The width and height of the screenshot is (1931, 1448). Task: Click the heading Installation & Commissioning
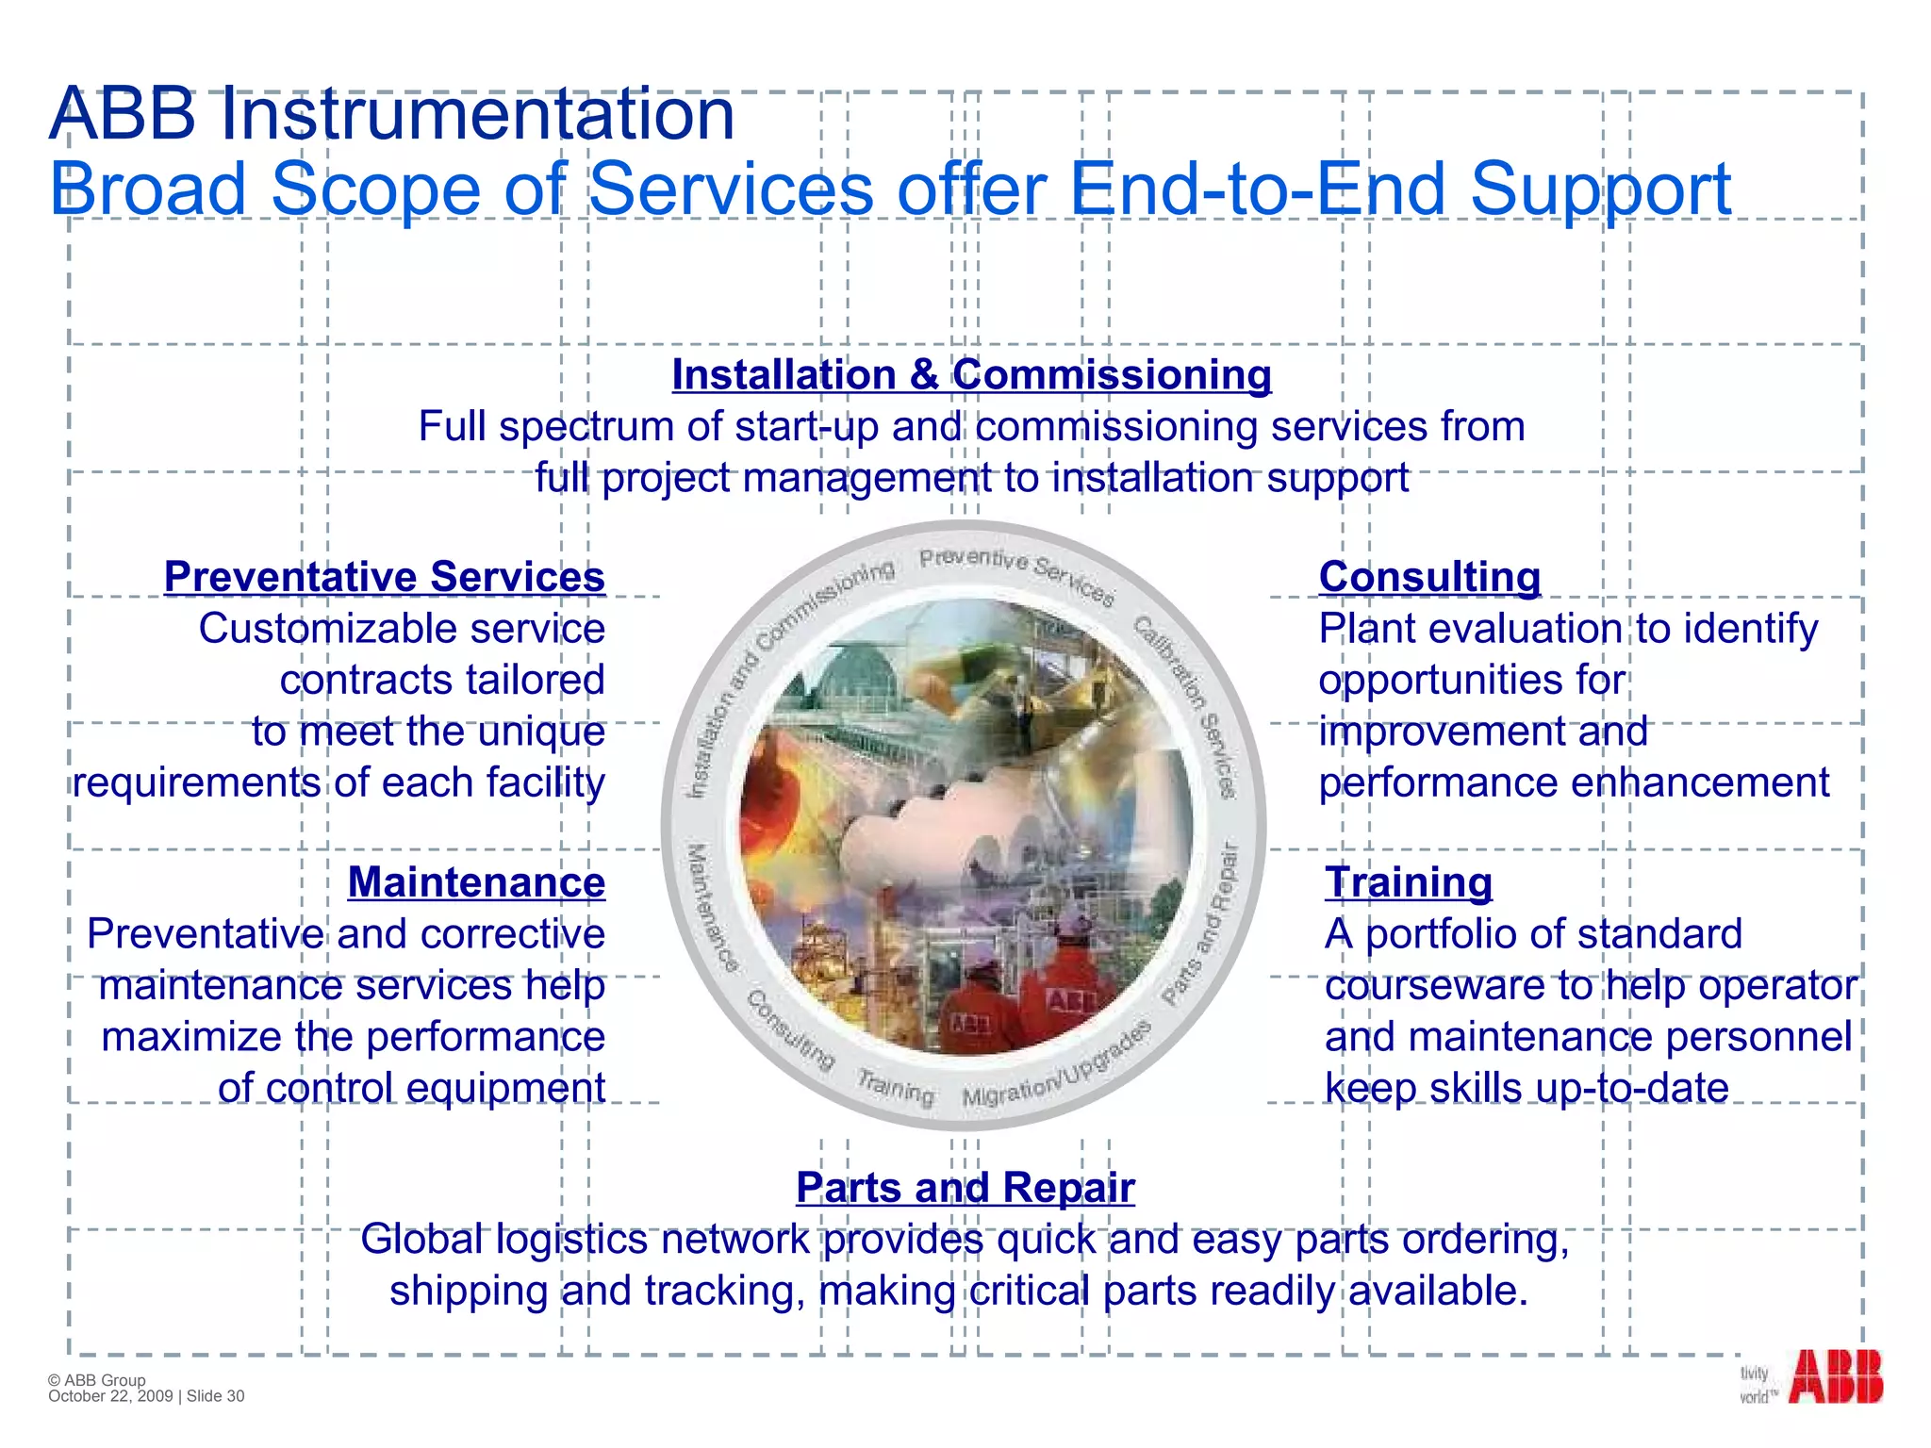point(971,375)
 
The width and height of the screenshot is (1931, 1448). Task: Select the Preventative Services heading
point(385,577)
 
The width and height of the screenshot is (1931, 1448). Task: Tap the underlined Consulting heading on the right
point(1429,577)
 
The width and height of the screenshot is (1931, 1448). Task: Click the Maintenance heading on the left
point(476,882)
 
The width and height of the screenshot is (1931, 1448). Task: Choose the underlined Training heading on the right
point(1409,882)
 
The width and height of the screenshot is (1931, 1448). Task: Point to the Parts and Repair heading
point(965,1188)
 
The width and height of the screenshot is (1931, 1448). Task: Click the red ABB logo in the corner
point(1835,1377)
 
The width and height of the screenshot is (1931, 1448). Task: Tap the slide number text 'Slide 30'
point(215,1396)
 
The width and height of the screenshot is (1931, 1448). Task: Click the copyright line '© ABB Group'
point(97,1380)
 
